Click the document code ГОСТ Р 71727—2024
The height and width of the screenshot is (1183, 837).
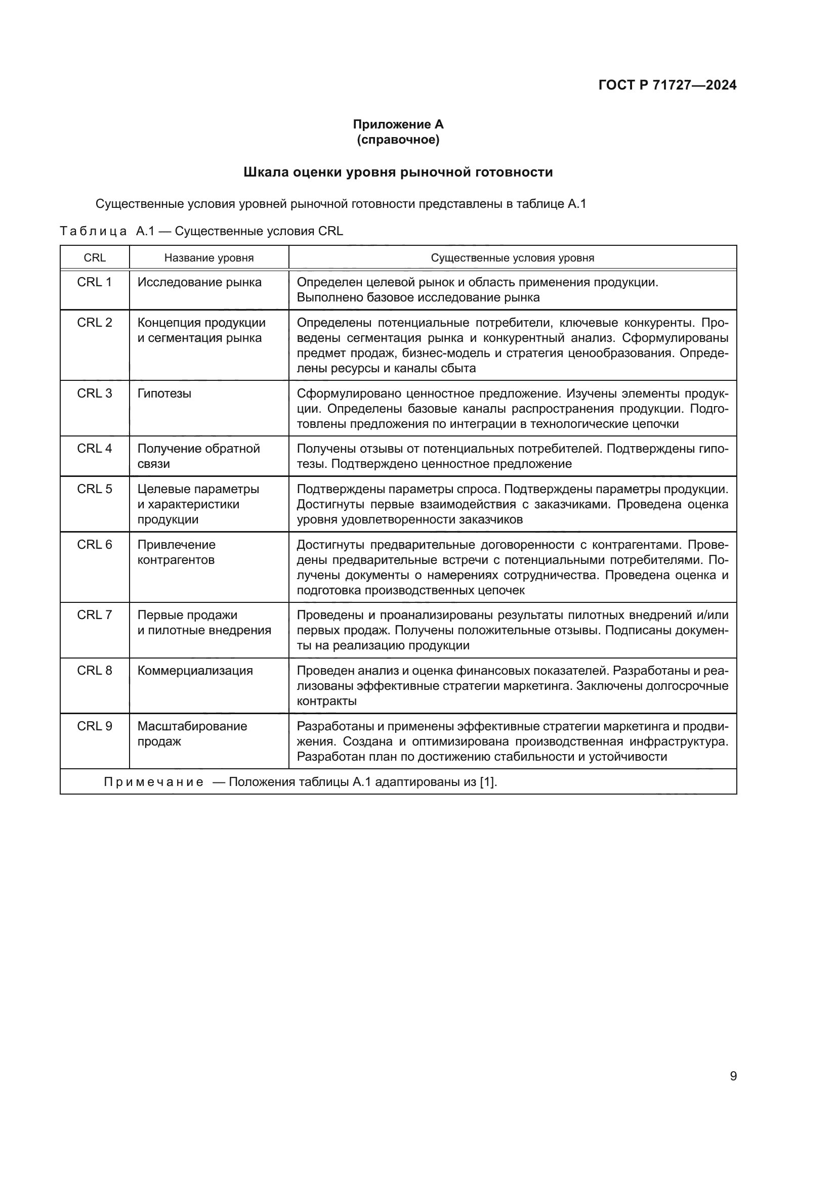pos(667,85)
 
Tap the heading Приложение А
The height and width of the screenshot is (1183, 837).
pos(398,124)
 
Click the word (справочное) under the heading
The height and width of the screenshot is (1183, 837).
pos(398,140)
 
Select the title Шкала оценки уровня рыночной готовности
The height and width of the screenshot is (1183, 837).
pos(398,172)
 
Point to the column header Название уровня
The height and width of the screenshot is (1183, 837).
pos(208,257)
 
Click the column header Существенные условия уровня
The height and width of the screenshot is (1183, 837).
pos(512,257)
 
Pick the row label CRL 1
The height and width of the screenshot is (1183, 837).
pos(94,282)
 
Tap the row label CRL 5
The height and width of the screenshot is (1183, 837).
pos(94,489)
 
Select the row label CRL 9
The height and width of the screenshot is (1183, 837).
pos(94,726)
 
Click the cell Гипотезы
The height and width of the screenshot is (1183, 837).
pos(164,393)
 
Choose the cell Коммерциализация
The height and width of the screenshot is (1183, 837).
pos(195,671)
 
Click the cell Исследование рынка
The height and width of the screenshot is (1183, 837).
pos(199,282)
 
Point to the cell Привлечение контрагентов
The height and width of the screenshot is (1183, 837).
pos(176,552)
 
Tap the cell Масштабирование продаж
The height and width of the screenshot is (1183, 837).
pos(192,734)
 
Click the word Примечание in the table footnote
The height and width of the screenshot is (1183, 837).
pos(154,782)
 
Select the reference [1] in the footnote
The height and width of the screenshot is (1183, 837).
pos(487,782)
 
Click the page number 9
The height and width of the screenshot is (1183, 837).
pos(733,1076)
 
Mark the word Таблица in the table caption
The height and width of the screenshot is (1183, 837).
pos(93,231)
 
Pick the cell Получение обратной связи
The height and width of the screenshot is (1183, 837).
pos(198,456)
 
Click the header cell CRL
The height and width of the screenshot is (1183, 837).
pos(94,257)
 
